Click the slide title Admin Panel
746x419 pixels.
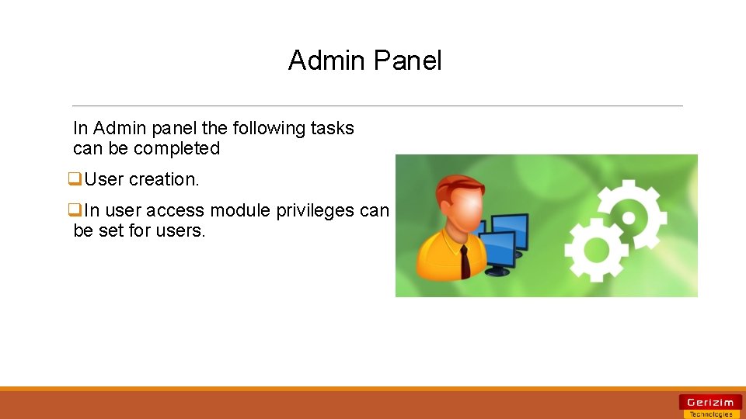pyautogui.click(x=364, y=61)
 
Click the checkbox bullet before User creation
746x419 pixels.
pyautogui.click(x=75, y=179)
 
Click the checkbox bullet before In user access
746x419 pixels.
pyautogui.click(x=75, y=210)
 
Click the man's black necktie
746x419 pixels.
pyautogui.click(x=464, y=262)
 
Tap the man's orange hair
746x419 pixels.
pyautogui.click(x=451, y=186)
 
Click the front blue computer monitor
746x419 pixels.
pyautogui.click(x=504, y=249)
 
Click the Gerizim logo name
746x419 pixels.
pyautogui.click(x=709, y=402)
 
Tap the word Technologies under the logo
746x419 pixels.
pyautogui.click(x=709, y=414)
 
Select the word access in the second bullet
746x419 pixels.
pyautogui.click(x=177, y=210)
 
